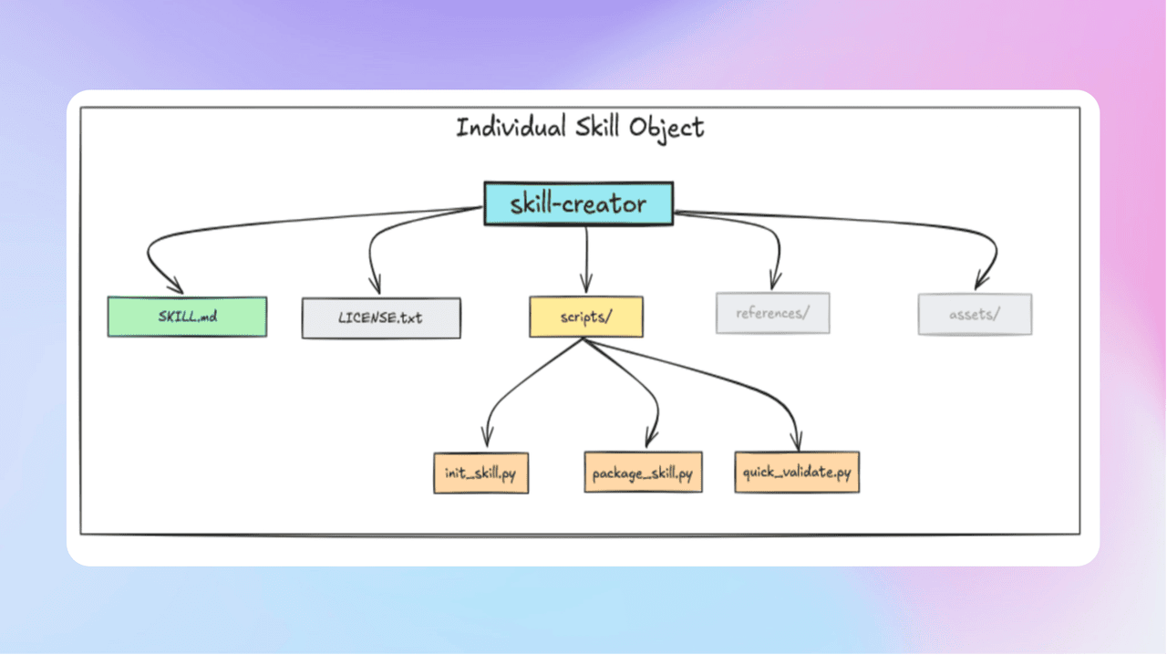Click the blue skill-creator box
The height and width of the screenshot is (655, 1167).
pyautogui.click(x=578, y=203)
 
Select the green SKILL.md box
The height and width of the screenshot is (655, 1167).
pyautogui.click(x=187, y=317)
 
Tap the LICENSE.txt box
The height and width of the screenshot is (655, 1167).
pyautogui.click(x=381, y=318)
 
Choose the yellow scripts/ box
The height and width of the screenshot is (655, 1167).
pyautogui.click(x=585, y=317)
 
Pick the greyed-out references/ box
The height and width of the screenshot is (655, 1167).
pyautogui.click(x=772, y=314)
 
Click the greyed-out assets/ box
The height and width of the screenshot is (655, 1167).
pyautogui.click(x=975, y=315)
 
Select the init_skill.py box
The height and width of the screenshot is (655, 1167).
pyautogui.click(x=480, y=473)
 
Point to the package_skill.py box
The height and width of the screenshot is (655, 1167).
pyautogui.click(x=643, y=473)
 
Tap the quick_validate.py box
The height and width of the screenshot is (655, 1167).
pyautogui.click(x=797, y=473)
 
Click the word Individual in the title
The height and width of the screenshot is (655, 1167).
pyautogui.click(x=511, y=127)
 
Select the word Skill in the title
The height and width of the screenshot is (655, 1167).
pyautogui.click(x=598, y=127)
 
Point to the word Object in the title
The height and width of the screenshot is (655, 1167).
pyautogui.click(x=667, y=127)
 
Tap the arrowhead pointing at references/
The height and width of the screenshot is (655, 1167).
pyautogui.click(x=775, y=280)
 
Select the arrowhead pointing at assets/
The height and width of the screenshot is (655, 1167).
pyautogui.click(x=981, y=280)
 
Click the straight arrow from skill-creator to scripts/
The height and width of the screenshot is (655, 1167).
pyautogui.click(x=585, y=255)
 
